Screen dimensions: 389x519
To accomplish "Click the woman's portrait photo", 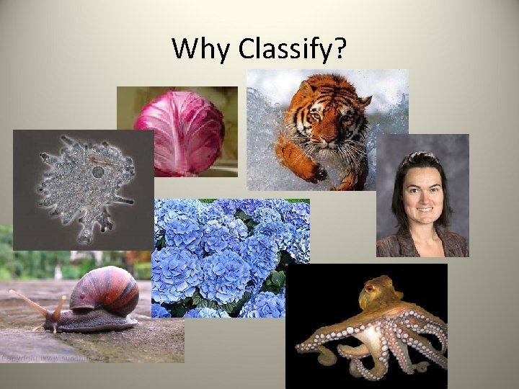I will click(x=422, y=194).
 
